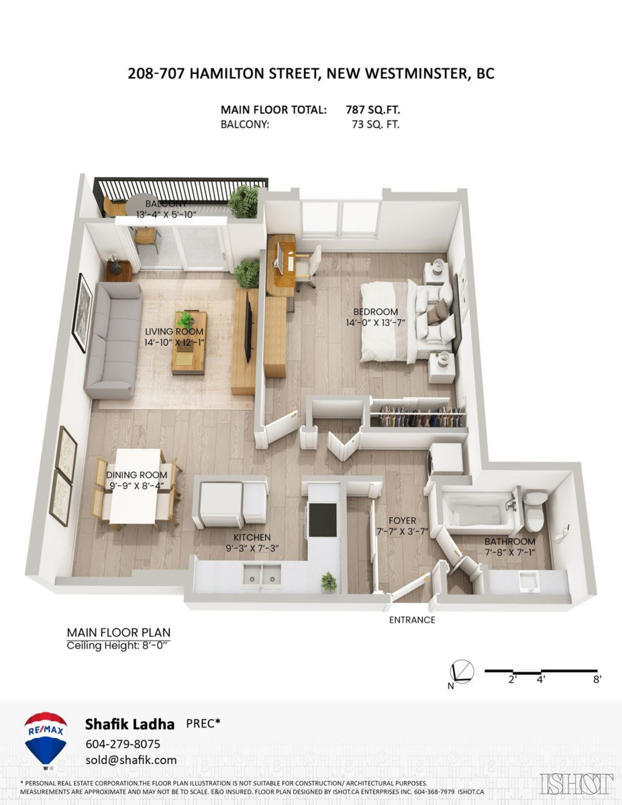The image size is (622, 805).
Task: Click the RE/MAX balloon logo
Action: coord(46,737)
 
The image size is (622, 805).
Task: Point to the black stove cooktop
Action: coord(323,520)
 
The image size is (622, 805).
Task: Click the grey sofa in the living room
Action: coord(111,340)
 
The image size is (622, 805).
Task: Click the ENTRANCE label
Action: coord(412,620)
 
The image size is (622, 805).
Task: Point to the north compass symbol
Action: coord(461,672)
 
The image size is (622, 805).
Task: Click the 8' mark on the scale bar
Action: coord(597,680)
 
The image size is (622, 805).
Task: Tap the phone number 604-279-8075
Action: coord(123,744)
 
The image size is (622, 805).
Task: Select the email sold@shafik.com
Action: coord(131,760)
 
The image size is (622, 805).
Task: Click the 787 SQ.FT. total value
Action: coord(372,109)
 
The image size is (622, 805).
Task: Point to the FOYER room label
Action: coord(403,521)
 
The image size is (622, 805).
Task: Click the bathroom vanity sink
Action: coord(528,581)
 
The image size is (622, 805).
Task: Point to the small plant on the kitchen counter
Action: coord(329,580)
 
